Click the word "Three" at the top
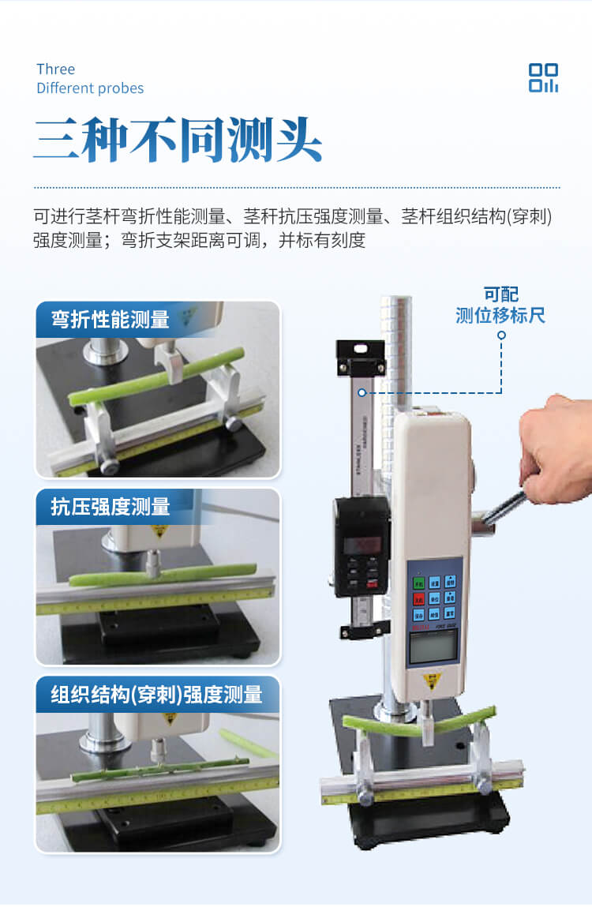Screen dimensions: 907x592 pos(55,69)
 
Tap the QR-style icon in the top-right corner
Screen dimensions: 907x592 pos(543,78)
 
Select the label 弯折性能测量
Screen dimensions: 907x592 pos(111,320)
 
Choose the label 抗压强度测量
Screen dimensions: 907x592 pos(111,507)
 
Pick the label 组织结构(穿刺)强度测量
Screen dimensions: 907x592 pos(156,695)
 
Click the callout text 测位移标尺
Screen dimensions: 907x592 pos(500,316)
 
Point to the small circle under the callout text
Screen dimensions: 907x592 pos(501,335)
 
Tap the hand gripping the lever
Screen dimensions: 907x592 pos(556,450)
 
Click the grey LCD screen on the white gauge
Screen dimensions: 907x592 pos(431,648)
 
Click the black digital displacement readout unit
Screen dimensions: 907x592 pos(362,545)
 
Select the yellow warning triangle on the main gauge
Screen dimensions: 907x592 pos(432,681)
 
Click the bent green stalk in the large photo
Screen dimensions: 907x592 pos(419,721)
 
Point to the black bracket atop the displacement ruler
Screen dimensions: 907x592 pos(361,357)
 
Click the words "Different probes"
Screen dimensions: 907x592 pos(90,88)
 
